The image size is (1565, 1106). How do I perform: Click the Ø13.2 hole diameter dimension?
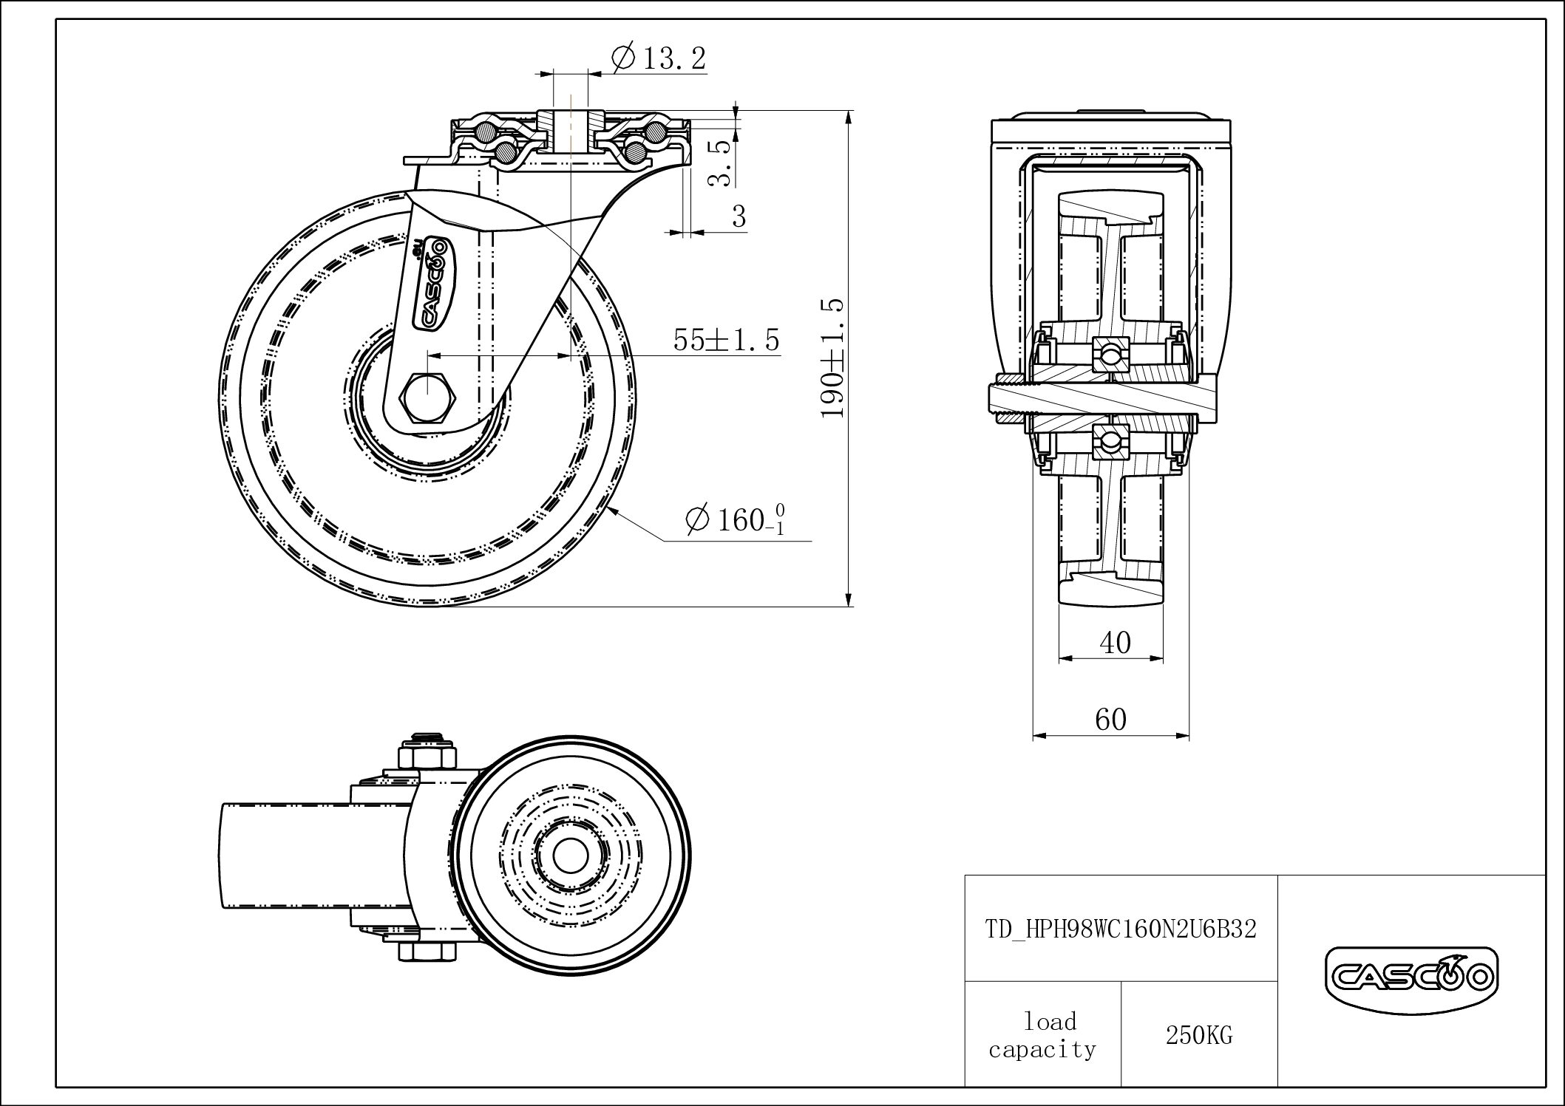click(x=659, y=58)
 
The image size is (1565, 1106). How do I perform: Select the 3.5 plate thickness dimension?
click(x=720, y=162)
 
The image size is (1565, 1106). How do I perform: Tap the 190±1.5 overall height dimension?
click(x=833, y=358)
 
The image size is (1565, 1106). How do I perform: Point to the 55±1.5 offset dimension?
click(x=726, y=340)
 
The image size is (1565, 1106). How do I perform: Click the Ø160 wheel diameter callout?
click(x=735, y=519)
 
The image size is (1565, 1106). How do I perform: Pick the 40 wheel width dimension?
click(x=1115, y=643)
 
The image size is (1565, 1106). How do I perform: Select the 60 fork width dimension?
click(x=1110, y=719)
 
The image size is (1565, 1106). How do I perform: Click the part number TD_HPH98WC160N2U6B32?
click(x=1121, y=929)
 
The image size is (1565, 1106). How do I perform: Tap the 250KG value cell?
click(x=1198, y=1035)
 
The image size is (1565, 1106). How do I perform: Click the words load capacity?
click(x=1042, y=1035)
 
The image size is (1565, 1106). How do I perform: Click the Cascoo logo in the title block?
click(x=1410, y=979)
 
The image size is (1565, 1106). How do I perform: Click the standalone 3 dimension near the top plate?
click(x=739, y=216)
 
